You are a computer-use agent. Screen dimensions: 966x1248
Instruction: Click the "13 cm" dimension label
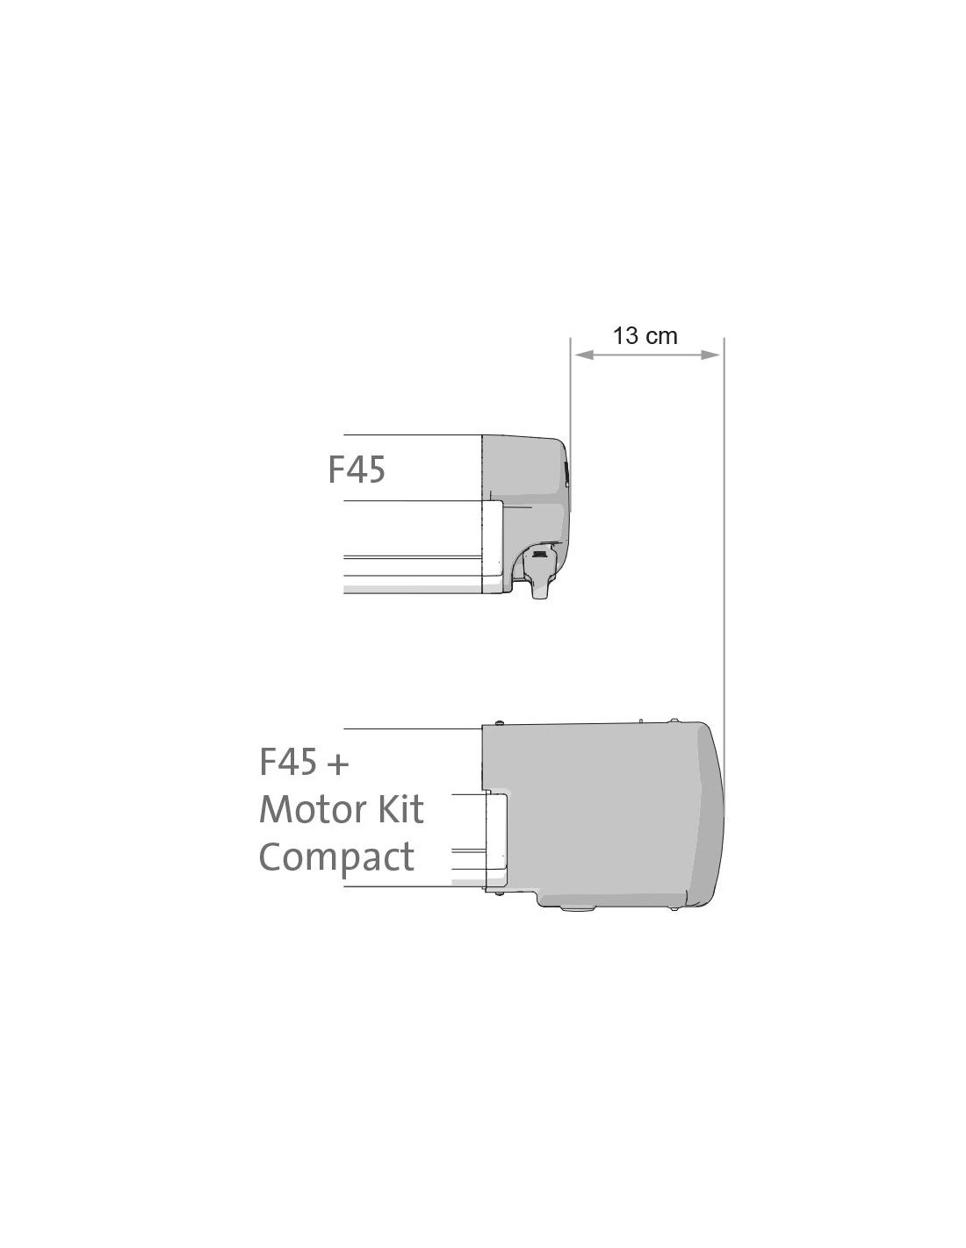click(645, 335)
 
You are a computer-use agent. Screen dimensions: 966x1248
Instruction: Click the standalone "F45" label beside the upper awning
click(357, 470)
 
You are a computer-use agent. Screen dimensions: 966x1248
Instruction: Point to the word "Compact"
click(336, 858)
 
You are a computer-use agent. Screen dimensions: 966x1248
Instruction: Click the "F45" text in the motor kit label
click(288, 762)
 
